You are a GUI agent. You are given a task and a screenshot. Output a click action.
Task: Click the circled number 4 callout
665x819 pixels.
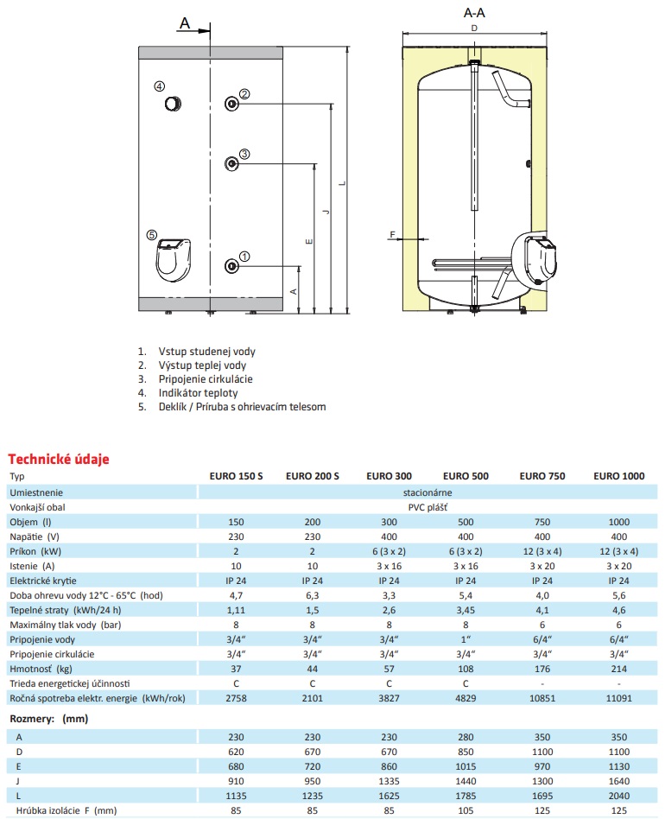(160, 86)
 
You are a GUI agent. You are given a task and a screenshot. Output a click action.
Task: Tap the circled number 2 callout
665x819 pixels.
(244, 94)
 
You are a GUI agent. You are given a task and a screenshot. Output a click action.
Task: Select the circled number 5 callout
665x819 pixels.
(151, 234)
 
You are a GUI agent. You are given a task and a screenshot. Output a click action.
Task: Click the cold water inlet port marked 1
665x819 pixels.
(231, 266)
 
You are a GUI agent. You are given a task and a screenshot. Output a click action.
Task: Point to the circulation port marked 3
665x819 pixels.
(231, 164)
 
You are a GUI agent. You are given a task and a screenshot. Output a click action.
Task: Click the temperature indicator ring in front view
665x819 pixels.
(173, 104)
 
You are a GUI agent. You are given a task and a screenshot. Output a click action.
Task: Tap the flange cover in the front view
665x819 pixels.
(174, 259)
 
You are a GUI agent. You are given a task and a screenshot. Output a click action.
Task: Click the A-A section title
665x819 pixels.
(474, 13)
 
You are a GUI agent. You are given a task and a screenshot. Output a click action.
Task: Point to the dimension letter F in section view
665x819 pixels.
(393, 234)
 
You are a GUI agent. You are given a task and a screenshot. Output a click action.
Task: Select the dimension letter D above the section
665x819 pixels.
(474, 29)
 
